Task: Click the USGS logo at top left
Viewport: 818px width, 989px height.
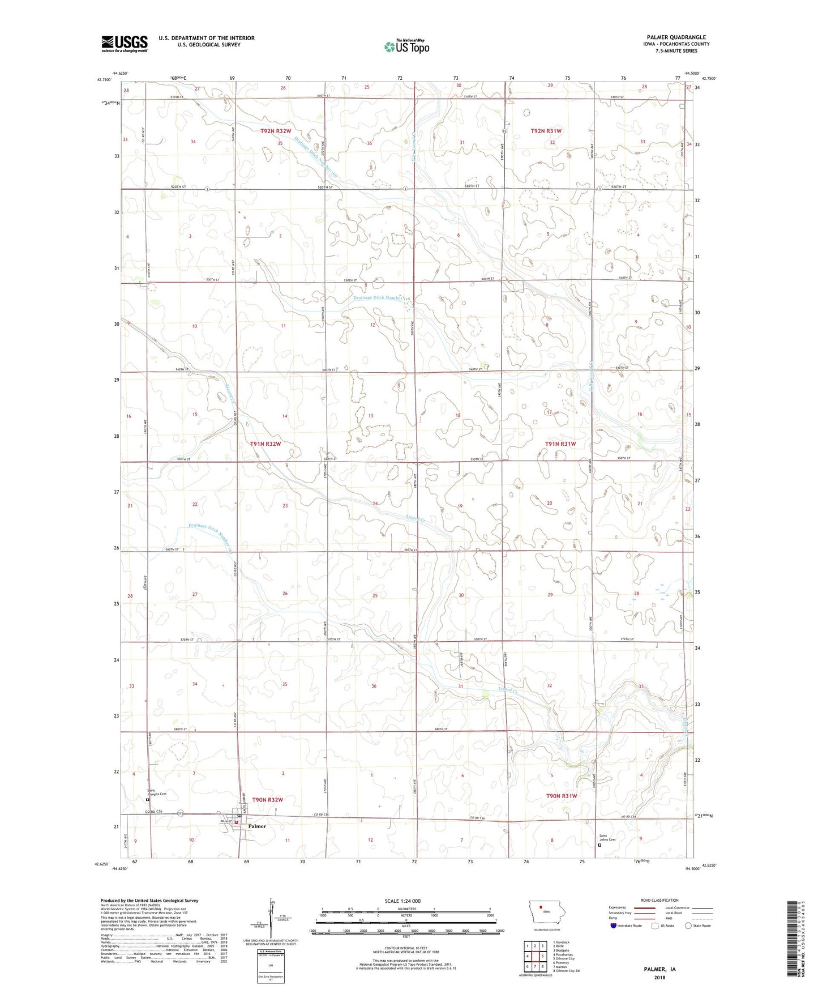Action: click(x=125, y=44)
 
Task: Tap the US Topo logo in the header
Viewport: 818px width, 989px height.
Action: click(x=406, y=46)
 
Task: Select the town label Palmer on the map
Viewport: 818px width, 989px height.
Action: click(x=257, y=826)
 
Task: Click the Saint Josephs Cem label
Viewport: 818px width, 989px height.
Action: click(x=157, y=792)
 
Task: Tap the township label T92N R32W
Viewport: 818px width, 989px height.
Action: click(x=276, y=131)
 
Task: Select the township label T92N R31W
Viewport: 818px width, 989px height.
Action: click(x=546, y=131)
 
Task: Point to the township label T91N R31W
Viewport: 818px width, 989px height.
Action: click(x=560, y=444)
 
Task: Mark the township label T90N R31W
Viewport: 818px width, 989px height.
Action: click(x=562, y=796)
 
